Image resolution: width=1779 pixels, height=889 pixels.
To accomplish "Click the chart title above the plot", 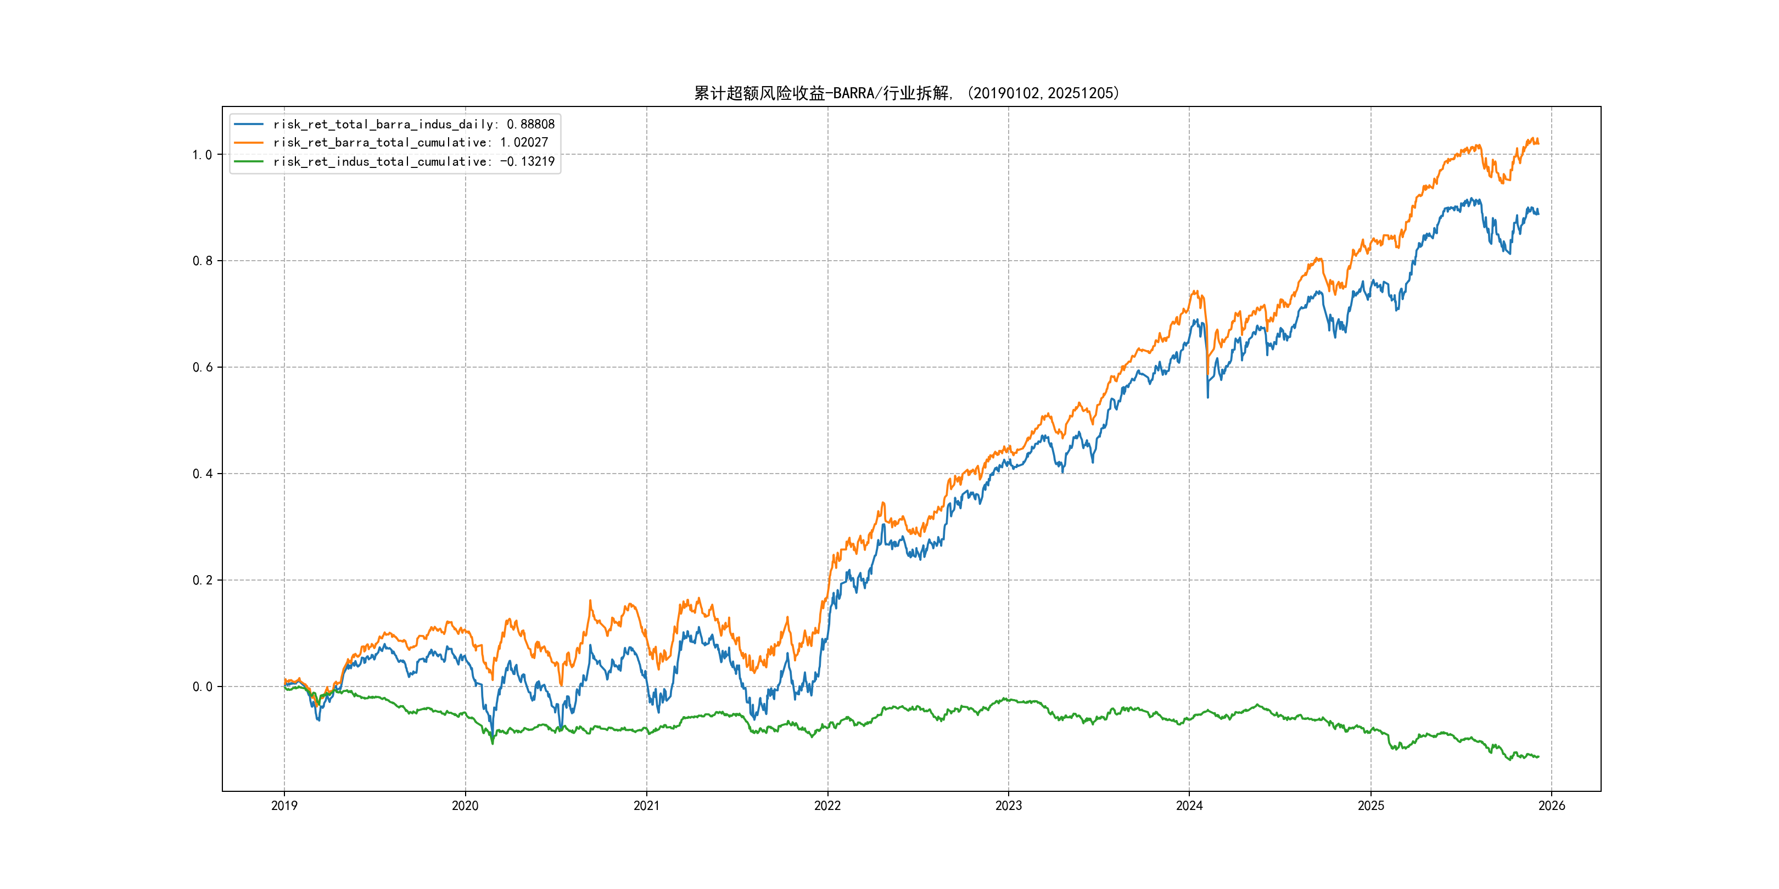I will [x=906, y=93].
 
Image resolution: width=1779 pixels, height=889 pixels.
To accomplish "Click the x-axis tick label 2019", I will [x=284, y=806].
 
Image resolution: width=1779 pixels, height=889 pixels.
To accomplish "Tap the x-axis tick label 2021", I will [x=646, y=806].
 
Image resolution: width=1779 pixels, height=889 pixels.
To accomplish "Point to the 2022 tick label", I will [x=827, y=806].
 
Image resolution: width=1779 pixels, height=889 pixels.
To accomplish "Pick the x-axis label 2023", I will [x=1008, y=806].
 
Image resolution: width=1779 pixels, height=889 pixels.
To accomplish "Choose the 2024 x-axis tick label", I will [x=1189, y=806].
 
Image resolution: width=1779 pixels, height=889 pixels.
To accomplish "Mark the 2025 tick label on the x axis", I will [x=1371, y=806].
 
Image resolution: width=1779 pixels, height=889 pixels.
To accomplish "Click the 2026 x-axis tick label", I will [x=1552, y=806].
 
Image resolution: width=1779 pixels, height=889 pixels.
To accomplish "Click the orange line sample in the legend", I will [x=249, y=143].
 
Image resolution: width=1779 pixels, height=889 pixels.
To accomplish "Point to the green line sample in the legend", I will [x=249, y=161].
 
